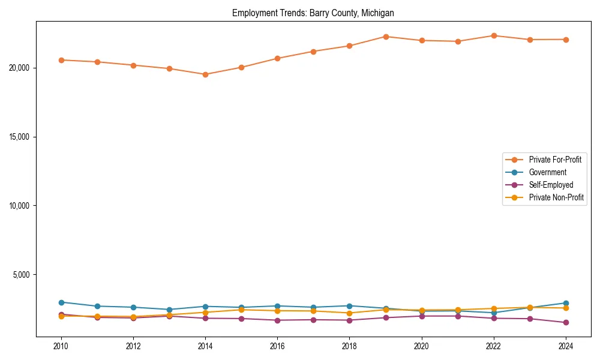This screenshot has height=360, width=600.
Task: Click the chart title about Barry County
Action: [x=313, y=13]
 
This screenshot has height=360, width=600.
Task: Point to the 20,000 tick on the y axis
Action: [x=20, y=68]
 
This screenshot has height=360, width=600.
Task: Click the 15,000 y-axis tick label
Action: [x=20, y=137]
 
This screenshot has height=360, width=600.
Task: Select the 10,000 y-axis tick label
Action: [x=20, y=206]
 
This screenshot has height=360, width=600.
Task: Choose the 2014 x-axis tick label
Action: [x=205, y=346]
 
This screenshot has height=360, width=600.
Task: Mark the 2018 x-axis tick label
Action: [x=349, y=346]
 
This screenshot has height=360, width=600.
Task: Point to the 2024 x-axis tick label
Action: [x=566, y=346]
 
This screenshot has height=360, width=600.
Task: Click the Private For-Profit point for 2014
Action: [x=205, y=74]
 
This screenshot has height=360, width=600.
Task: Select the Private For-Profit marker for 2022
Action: [x=494, y=35]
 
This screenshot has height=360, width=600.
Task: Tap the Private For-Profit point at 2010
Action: [x=61, y=60]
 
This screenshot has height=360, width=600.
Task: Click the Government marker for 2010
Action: [x=61, y=302]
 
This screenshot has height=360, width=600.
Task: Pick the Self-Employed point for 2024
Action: [x=566, y=323]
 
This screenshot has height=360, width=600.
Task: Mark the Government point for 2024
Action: [x=566, y=303]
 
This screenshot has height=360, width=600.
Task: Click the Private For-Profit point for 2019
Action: [x=386, y=37]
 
